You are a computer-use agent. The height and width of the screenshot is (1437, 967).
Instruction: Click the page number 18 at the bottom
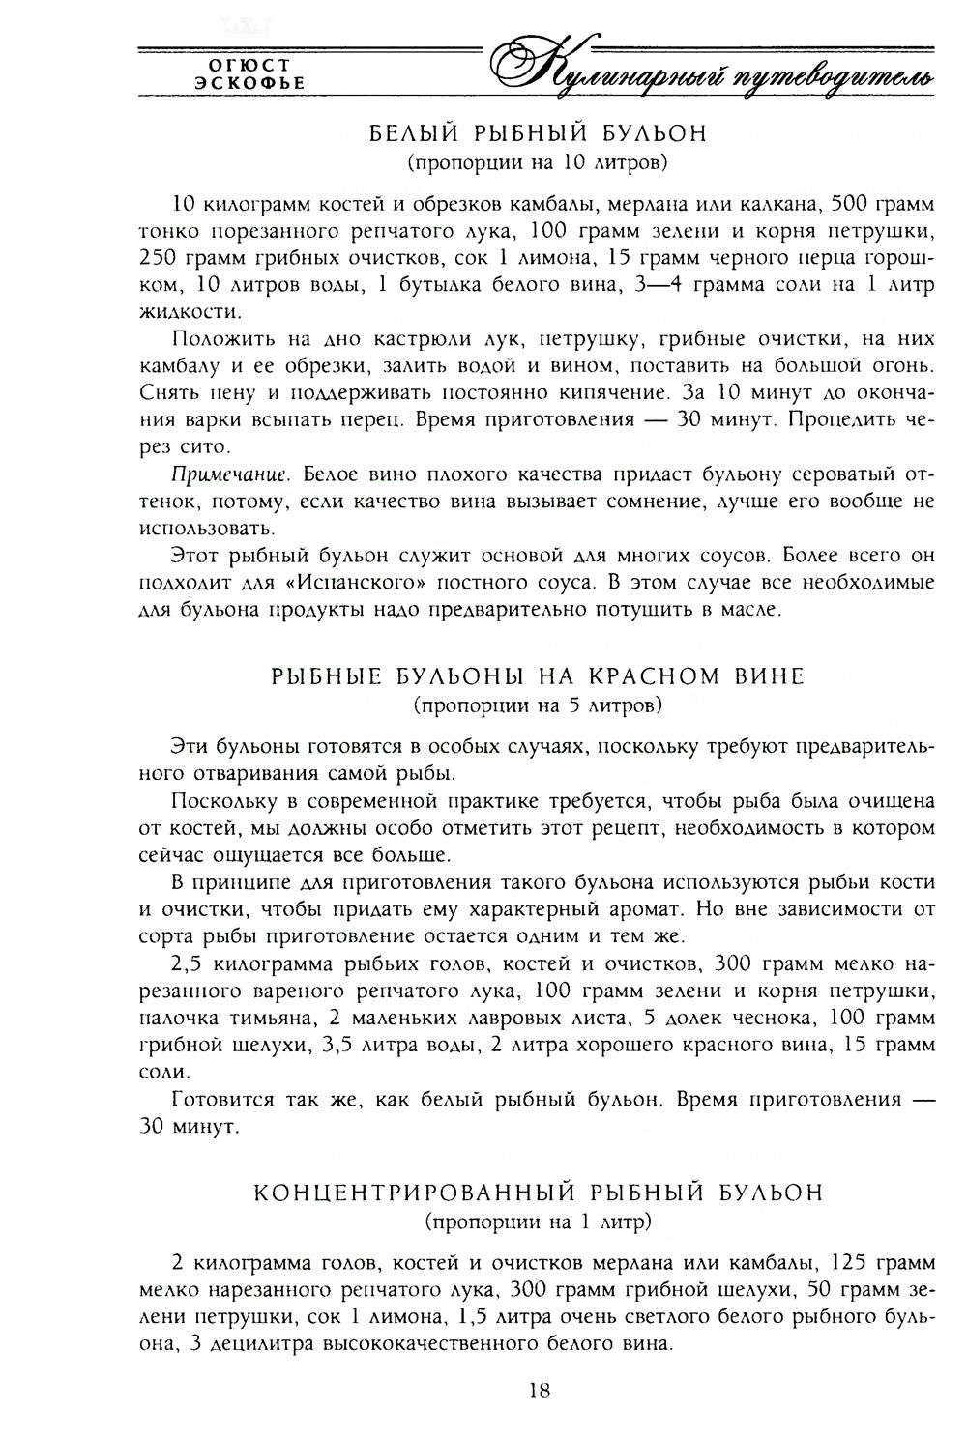[540, 1391]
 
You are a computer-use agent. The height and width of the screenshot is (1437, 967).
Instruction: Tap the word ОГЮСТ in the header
[249, 65]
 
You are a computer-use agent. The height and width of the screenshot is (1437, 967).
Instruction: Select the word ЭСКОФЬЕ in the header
[249, 83]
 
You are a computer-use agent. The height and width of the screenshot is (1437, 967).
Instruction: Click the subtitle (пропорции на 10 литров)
[539, 160]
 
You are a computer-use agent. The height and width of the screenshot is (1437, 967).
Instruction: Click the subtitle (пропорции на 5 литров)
[538, 704]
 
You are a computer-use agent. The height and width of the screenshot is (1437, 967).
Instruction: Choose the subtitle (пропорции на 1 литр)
[539, 1221]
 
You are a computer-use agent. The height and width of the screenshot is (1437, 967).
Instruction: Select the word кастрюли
[374, 339]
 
